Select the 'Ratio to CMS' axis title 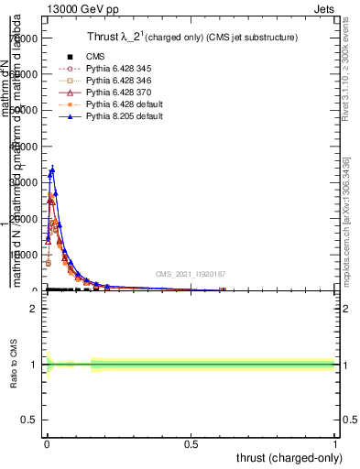(15, 364)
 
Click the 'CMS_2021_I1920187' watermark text (191, 274)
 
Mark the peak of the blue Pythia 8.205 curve (52, 169)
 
